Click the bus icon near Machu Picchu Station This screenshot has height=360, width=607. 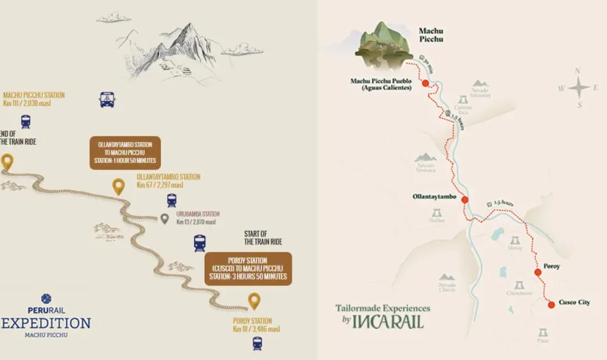(107, 100)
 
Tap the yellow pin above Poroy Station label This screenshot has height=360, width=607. (254, 301)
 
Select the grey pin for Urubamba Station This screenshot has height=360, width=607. (164, 218)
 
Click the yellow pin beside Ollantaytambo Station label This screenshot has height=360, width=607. (119, 186)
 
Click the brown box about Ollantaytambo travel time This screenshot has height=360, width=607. (125, 152)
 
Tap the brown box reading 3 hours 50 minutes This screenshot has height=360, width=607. (248, 268)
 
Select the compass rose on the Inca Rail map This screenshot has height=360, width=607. (579, 88)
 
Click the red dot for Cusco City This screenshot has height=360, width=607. (551, 304)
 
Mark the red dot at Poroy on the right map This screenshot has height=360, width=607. (538, 272)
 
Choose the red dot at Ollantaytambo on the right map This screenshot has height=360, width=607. (464, 200)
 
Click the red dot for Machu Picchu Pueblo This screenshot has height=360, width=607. (426, 83)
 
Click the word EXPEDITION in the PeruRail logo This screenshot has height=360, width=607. (47, 323)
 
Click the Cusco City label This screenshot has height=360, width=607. (574, 302)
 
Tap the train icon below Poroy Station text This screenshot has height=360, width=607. (257, 343)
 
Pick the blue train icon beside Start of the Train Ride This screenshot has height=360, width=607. (200, 243)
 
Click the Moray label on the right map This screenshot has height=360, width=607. (515, 248)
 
